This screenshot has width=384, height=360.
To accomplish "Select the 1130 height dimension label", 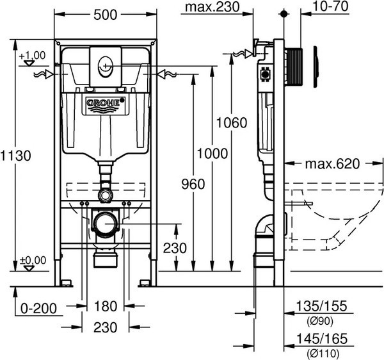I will tap(16, 156).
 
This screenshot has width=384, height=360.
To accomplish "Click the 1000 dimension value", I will tap(212, 154).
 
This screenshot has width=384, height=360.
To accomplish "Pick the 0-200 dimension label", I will tap(37, 308).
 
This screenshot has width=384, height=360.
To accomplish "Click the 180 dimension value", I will tap(105, 305).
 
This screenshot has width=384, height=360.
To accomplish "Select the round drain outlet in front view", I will tap(104, 224).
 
